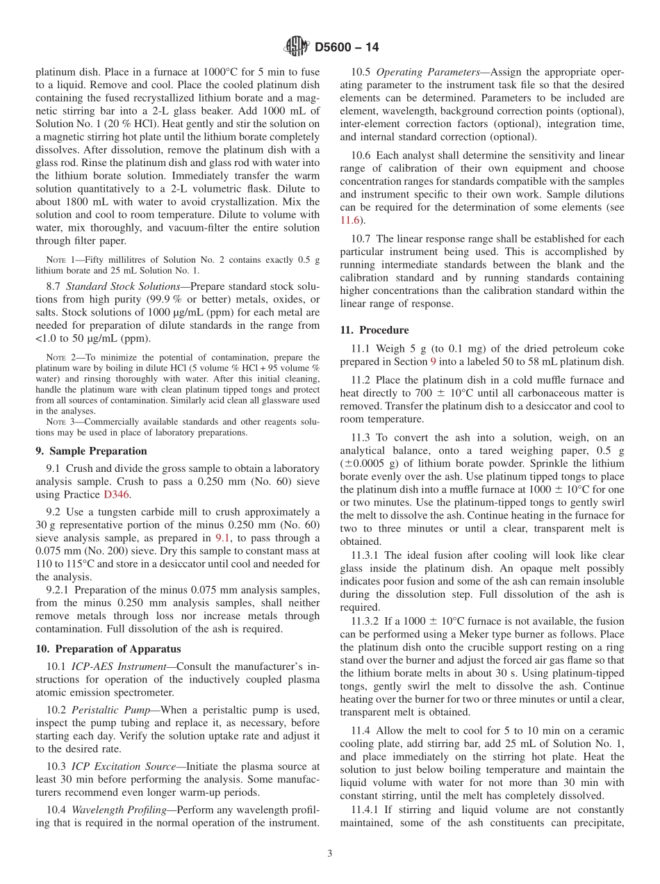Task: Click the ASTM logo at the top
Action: pyautogui.click(x=297, y=47)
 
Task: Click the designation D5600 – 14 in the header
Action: pyautogui.click(x=347, y=48)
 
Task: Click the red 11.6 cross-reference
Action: pyautogui.click(x=350, y=220)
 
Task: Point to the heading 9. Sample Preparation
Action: pyautogui.click(x=91, y=451)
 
